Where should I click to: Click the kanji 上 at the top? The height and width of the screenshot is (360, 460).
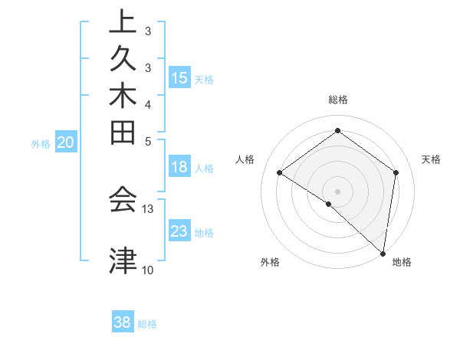click(123, 22)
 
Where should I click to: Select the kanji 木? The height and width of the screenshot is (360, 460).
click(123, 99)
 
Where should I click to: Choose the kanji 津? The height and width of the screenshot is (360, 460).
click(123, 260)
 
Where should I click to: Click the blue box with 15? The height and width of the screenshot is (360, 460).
click(179, 78)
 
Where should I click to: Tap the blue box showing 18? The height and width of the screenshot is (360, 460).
click(179, 168)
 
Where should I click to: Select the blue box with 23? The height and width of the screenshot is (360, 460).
click(179, 232)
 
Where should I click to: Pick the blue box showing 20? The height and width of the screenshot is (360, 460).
click(66, 142)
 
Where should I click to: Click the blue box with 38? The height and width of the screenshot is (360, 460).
click(123, 323)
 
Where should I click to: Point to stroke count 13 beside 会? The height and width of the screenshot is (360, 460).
click(148, 208)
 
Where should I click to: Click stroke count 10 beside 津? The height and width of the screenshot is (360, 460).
click(148, 270)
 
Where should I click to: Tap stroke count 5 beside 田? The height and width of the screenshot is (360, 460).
click(148, 141)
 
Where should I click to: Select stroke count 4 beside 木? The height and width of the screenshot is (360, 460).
click(148, 103)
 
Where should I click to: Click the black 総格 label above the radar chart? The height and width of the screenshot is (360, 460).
click(338, 100)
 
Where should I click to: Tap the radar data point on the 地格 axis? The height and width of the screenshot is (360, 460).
click(383, 253)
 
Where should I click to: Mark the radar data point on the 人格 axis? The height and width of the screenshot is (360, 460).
click(280, 173)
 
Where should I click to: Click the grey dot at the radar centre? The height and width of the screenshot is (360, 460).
click(337, 191)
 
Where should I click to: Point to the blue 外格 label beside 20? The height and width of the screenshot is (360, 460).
click(41, 143)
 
